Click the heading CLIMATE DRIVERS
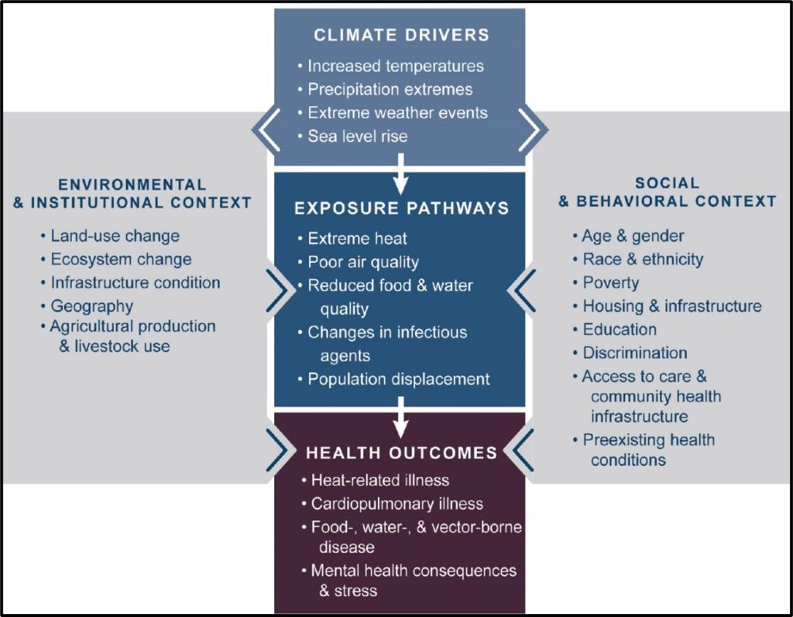(x=400, y=35)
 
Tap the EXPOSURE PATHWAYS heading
(x=400, y=209)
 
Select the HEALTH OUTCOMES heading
(x=400, y=451)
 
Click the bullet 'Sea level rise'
(x=357, y=136)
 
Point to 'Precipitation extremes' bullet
(x=390, y=89)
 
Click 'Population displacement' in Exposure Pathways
(x=398, y=379)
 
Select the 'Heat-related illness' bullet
(x=379, y=480)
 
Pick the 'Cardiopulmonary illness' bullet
(x=396, y=503)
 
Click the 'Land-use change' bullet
(x=115, y=236)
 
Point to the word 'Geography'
(x=91, y=306)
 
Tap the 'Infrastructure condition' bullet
(x=135, y=283)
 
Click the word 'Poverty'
(x=612, y=282)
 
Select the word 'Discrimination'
(x=635, y=353)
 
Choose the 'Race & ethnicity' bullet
(x=643, y=259)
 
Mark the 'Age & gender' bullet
(x=633, y=236)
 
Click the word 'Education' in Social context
(x=620, y=329)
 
